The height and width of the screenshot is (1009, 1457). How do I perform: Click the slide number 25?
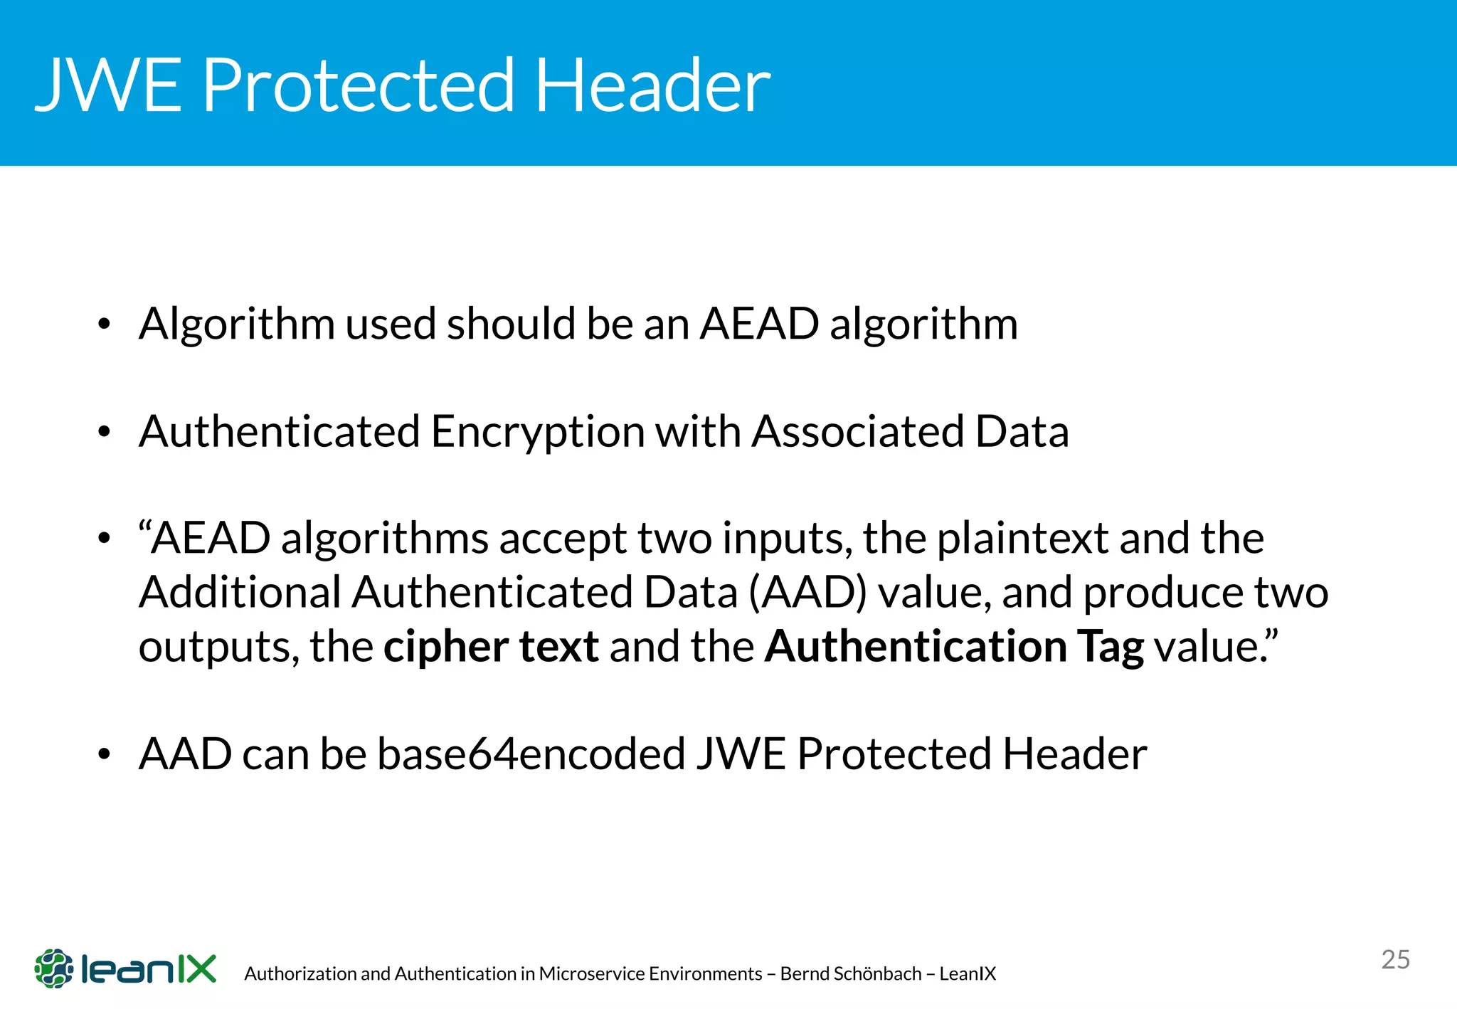click(1395, 959)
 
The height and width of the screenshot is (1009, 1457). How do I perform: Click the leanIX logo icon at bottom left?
click(54, 968)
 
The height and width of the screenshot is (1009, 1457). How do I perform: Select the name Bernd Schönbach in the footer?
click(851, 973)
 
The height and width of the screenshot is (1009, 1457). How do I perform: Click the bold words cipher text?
click(491, 646)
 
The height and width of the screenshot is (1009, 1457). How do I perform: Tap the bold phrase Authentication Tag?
click(954, 646)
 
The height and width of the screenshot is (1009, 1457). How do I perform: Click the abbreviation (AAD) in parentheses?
click(808, 592)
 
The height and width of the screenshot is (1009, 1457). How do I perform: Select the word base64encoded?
click(531, 754)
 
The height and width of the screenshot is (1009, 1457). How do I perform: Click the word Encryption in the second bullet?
click(537, 431)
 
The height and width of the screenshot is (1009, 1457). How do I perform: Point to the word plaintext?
click(1022, 538)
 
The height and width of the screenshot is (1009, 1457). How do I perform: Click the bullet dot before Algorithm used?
click(105, 324)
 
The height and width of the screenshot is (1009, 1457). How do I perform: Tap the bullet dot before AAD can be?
click(105, 754)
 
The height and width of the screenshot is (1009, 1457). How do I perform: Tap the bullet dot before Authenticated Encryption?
click(105, 431)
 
